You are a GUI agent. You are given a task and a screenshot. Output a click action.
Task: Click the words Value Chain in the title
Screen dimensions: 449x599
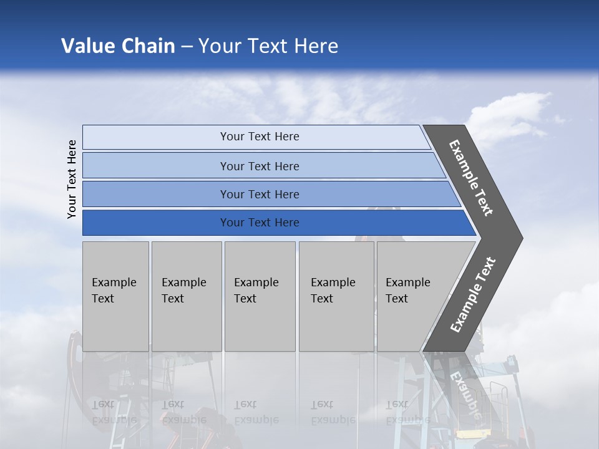(118, 46)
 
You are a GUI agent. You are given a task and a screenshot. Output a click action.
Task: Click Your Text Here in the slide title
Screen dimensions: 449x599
(268, 46)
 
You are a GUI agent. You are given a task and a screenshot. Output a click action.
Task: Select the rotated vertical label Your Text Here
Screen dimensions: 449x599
(72, 179)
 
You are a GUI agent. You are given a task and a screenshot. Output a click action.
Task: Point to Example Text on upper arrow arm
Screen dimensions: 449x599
(471, 178)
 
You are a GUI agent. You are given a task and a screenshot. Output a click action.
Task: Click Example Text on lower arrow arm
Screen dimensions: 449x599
(473, 294)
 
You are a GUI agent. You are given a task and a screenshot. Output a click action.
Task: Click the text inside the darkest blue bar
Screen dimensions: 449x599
(260, 223)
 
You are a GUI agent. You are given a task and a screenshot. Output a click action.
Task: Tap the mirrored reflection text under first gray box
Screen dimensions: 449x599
(114, 412)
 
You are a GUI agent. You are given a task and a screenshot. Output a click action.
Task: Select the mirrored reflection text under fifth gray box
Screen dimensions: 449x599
(407, 412)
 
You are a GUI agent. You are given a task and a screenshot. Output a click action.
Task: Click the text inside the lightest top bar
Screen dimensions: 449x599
(260, 137)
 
